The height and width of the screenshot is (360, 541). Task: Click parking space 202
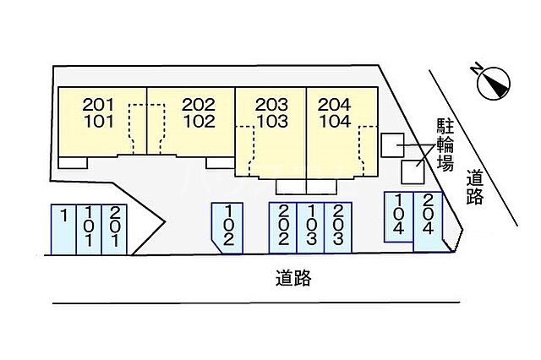click(x=283, y=226)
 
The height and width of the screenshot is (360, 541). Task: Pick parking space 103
click(x=311, y=226)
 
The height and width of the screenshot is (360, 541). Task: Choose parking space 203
click(x=338, y=226)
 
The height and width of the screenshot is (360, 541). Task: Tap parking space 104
click(x=398, y=217)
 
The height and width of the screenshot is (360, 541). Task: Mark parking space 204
click(x=428, y=221)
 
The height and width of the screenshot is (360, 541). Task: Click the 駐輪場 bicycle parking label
click(x=444, y=145)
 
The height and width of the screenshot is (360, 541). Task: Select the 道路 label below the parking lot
click(x=292, y=277)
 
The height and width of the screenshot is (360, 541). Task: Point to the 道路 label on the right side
click(x=475, y=187)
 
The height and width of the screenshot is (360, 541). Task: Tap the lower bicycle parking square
click(x=412, y=172)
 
